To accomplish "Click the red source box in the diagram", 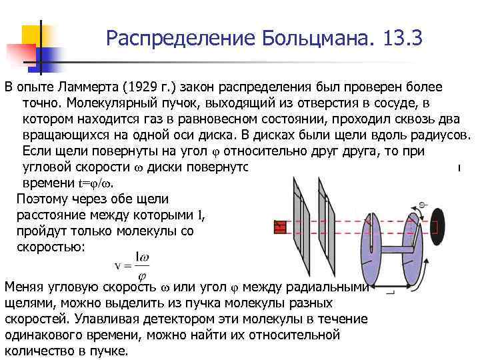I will (x=280, y=227).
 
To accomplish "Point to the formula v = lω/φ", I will (x=132, y=265).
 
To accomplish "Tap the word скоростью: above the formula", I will (x=50, y=246).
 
